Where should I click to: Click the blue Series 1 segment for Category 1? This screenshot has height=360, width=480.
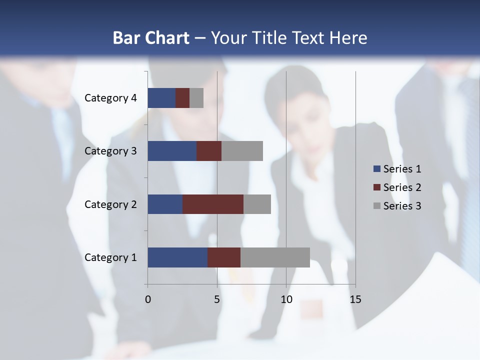[177, 257]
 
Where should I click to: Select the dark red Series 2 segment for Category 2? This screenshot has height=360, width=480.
[213, 204]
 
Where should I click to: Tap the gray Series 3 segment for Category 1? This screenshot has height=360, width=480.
[275, 257]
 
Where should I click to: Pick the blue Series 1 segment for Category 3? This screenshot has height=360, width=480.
[172, 151]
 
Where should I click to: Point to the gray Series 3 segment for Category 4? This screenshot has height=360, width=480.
[196, 98]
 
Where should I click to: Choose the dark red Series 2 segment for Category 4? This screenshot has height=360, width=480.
[182, 98]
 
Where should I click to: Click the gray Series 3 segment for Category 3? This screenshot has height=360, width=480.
[242, 151]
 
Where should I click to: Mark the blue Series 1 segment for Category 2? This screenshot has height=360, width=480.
[165, 204]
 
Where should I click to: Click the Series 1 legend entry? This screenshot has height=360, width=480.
[397, 169]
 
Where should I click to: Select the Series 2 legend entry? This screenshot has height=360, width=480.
[397, 187]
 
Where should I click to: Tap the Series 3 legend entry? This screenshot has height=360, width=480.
[397, 206]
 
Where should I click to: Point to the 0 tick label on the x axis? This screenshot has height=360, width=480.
[147, 299]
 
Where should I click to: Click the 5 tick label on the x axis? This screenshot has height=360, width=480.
[217, 299]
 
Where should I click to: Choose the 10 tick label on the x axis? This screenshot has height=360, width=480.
[286, 299]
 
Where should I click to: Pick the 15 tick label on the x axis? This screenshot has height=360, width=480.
[355, 299]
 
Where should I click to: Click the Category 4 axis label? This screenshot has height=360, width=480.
[110, 98]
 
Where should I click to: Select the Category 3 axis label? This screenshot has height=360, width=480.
[110, 151]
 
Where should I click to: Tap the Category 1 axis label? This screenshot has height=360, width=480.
[110, 257]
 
